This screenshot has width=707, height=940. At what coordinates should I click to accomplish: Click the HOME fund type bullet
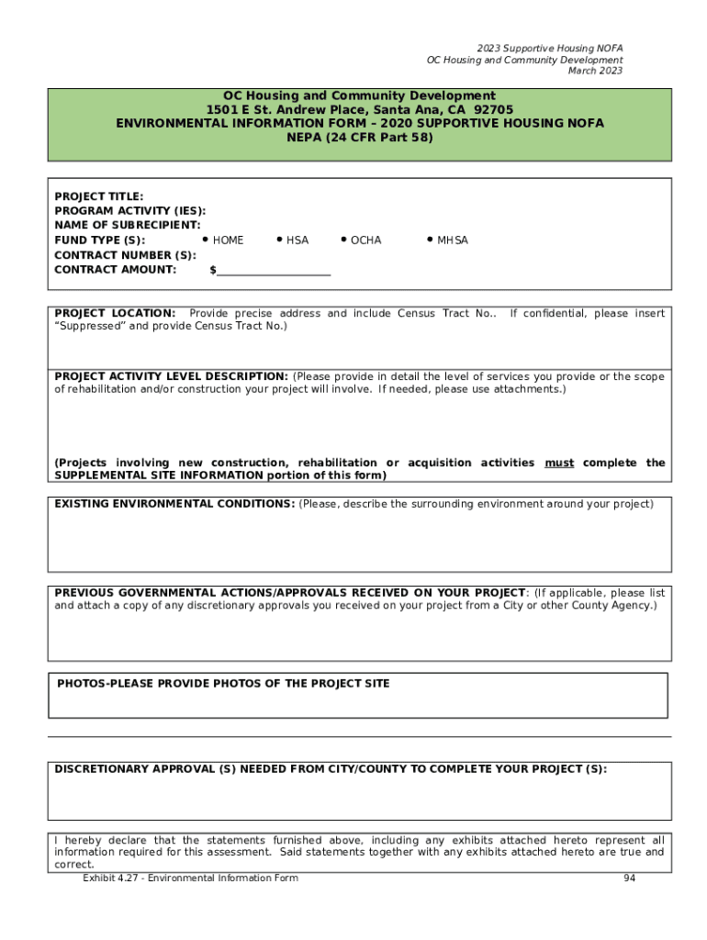click(x=205, y=240)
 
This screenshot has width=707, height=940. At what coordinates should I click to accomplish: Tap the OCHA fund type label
click(x=365, y=241)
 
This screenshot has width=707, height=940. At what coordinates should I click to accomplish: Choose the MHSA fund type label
click(x=452, y=241)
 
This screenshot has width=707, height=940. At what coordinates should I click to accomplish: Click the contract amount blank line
click(x=274, y=271)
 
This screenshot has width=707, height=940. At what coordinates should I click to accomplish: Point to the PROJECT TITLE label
click(x=99, y=196)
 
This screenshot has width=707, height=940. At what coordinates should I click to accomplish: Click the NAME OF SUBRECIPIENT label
click(x=128, y=225)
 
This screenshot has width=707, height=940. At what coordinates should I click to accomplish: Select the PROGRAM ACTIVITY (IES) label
click(x=130, y=211)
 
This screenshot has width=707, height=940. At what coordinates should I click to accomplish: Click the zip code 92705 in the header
click(x=494, y=109)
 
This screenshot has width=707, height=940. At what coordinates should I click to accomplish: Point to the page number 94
click(x=629, y=878)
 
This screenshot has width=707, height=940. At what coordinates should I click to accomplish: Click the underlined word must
click(x=559, y=463)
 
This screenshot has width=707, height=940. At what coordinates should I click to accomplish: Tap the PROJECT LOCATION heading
click(x=115, y=314)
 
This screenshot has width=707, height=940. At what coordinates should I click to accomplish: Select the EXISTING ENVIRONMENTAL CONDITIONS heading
click(x=174, y=504)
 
